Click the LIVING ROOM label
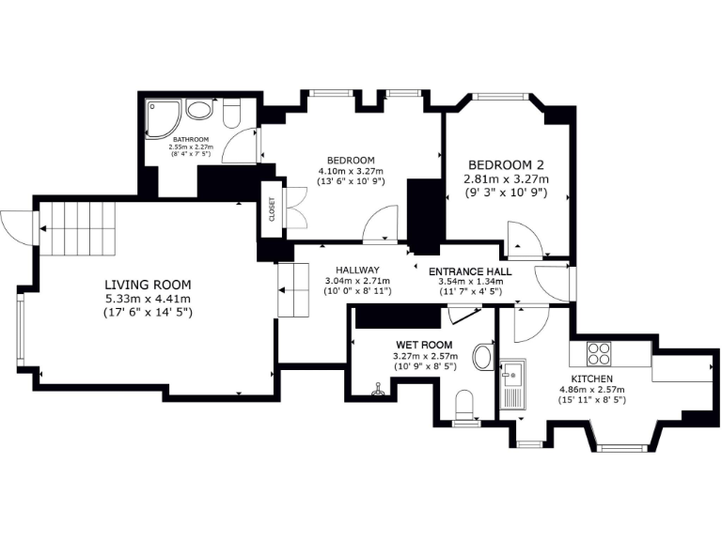click(x=148, y=285)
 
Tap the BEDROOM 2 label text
click(x=506, y=162)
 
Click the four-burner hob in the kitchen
click(x=599, y=354)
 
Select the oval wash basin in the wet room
click(x=483, y=358)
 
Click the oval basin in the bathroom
click(x=199, y=109)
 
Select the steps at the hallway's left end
click(x=293, y=290)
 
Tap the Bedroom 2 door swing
click(x=521, y=240)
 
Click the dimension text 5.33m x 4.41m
click(x=148, y=299)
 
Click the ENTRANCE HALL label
click(x=470, y=272)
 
